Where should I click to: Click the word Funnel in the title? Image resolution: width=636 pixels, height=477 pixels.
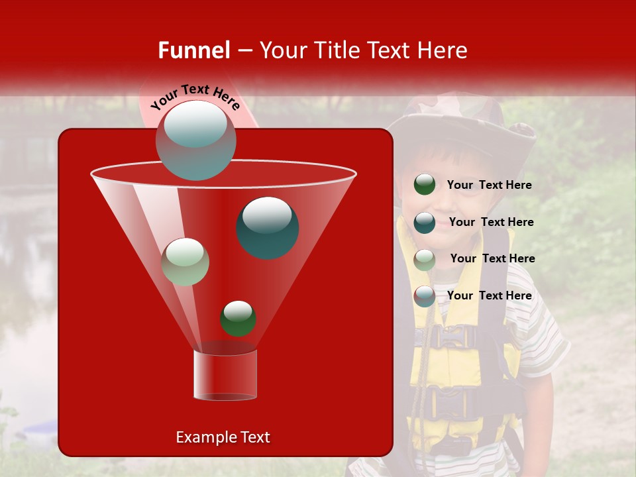coord(194,50)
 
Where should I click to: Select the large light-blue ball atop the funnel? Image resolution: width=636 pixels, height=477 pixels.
coord(196,140)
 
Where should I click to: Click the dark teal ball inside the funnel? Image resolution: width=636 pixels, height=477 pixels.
coord(268,228)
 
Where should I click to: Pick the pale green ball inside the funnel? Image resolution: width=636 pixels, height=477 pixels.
coord(185,262)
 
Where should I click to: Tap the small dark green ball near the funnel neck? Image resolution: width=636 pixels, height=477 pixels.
coord(238,319)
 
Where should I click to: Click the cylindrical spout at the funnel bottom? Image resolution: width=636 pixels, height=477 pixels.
coord(225,375)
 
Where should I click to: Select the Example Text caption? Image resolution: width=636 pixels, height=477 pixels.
coord(223,437)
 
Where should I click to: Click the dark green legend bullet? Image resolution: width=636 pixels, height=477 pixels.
coord(425,185)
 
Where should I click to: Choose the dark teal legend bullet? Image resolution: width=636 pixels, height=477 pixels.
coord(425,222)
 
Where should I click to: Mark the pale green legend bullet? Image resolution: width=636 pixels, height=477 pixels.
coord(425,259)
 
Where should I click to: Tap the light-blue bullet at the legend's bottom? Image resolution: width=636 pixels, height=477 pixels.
coord(425,296)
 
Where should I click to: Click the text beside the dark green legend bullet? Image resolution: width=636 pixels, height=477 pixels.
coord(490,185)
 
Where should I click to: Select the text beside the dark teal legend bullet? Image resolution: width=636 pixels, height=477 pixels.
coord(491,222)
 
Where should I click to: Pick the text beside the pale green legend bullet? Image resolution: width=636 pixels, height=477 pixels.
coord(492,258)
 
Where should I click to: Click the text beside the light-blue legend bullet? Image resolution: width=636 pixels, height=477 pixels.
coord(490,295)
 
